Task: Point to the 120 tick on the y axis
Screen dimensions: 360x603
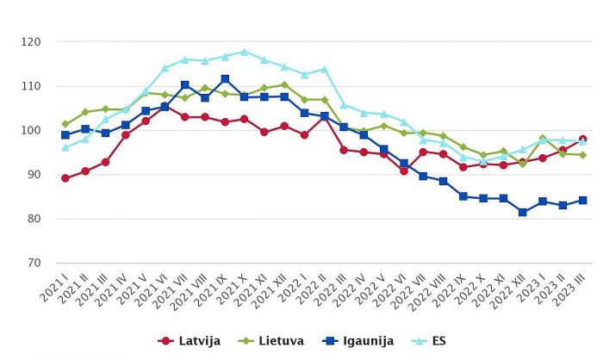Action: [x=31, y=41]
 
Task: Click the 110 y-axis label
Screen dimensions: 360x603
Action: [x=31, y=86]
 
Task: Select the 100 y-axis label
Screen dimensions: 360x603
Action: [x=31, y=130]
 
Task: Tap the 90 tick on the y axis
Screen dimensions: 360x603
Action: [x=33, y=175]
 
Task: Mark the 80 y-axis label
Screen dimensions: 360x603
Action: [x=33, y=219]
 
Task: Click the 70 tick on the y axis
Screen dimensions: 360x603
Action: [x=33, y=264]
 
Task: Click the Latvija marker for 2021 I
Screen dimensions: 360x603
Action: [x=65, y=178]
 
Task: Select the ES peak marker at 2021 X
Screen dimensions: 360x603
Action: [x=245, y=52]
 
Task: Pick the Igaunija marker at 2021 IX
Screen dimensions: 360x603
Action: [x=225, y=79]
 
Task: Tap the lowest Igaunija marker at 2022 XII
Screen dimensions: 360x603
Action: [x=523, y=212]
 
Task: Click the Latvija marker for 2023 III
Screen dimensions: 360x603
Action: [x=582, y=139]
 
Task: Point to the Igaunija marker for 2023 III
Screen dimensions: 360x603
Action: [x=582, y=200]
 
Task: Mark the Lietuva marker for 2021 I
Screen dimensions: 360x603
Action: [x=65, y=124]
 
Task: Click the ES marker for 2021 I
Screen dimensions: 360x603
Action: [x=65, y=147]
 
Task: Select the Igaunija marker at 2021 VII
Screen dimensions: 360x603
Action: [x=185, y=84]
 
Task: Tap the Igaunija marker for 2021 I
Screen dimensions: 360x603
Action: [x=65, y=135]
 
